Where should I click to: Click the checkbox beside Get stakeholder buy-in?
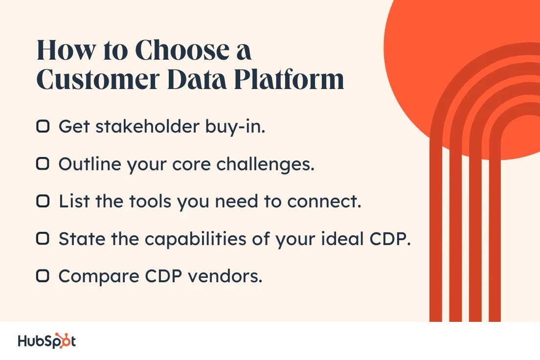pos(43,127)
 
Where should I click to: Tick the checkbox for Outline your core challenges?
pos(43,164)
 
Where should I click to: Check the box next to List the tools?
pos(43,201)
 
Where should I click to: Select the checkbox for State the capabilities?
pos(43,239)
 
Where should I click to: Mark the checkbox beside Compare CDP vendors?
pos(43,276)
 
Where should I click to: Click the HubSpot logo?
pos(46,341)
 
